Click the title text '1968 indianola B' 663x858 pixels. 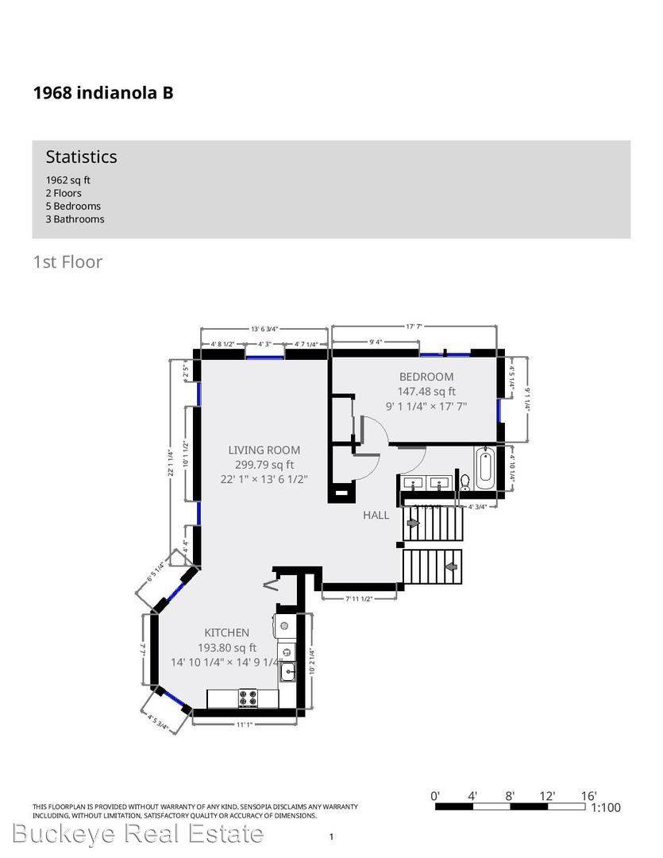click(103, 93)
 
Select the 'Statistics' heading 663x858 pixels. click(81, 157)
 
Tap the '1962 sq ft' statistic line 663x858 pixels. click(67, 180)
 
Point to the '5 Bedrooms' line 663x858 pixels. click(73, 206)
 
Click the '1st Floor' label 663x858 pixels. click(67, 261)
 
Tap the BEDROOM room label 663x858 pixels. click(426, 377)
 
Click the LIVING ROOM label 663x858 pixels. click(264, 450)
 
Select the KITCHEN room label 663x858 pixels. click(227, 632)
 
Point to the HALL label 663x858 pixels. click(376, 515)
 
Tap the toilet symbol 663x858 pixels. click(465, 481)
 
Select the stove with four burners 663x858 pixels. click(249, 698)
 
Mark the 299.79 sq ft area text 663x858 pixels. click(264, 465)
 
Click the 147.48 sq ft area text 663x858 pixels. click(426, 391)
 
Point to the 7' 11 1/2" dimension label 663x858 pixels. click(359, 597)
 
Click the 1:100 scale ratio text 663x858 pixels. click(606, 808)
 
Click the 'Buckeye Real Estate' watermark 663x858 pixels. click(138, 833)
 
